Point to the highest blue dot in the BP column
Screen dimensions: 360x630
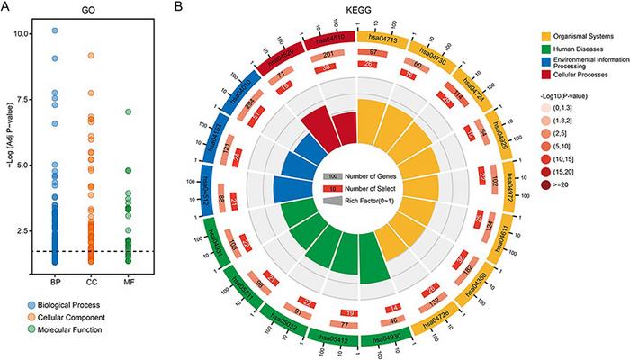click(x=54, y=31)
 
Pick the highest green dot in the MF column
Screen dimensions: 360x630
click(x=129, y=112)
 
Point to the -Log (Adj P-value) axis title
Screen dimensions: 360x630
click(x=11, y=139)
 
